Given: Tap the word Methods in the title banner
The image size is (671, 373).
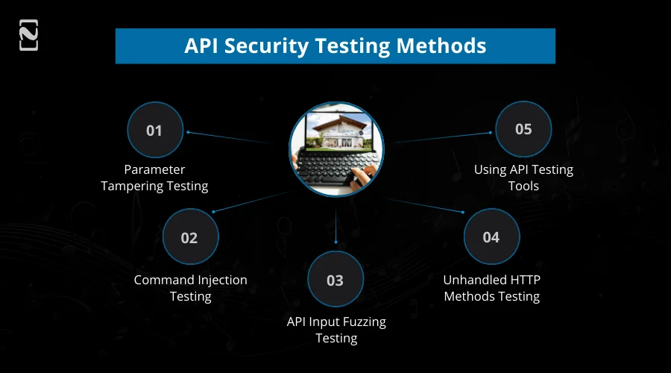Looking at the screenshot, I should pyautogui.click(x=441, y=46).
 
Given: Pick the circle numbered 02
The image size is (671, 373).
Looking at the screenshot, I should pyautogui.click(x=189, y=238).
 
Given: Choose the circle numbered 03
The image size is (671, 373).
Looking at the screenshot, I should pyautogui.click(x=335, y=280).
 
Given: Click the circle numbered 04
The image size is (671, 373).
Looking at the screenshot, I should pyautogui.click(x=491, y=237).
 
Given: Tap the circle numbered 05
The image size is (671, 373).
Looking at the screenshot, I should pyautogui.click(x=523, y=129).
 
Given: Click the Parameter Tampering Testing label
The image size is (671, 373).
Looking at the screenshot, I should pyautogui.click(x=154, y=178).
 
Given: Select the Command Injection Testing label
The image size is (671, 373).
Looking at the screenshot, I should pyautogui.click(x=190, y=288).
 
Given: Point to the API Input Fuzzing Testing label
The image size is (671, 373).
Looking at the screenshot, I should pyautogui.click(x=336, y=330).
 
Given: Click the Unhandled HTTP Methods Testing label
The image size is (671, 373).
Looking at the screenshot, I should pyautogui.click(x=491, y=288).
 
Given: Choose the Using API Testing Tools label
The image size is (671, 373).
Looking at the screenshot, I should pyautogui.click(x=523, y=178).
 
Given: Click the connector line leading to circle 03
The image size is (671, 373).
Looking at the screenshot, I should pyautogui.click(x=335, y=224).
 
